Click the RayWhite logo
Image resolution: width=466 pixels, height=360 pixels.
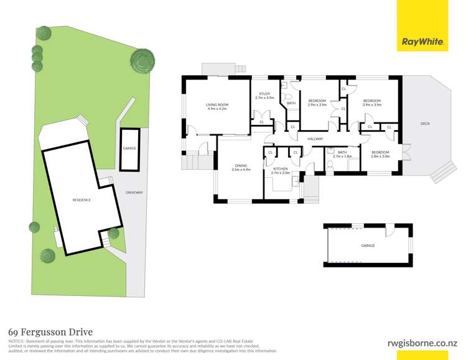coord(423,42)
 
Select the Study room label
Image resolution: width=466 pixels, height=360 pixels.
coord(265,96)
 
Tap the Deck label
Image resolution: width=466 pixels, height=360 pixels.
coord(425,124)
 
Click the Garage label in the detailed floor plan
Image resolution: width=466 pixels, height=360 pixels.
coord(368,246)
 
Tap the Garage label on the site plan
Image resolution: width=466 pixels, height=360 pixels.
coord(129,149)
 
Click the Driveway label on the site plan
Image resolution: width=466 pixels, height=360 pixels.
coord(134,192)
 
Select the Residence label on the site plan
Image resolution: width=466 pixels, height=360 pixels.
coord(82,200)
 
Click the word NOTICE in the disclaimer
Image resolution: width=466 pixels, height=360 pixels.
coord(16,342)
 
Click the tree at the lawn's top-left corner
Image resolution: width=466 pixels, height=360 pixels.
coord(43,32)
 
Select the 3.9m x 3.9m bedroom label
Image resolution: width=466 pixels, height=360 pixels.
coord(372,103)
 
